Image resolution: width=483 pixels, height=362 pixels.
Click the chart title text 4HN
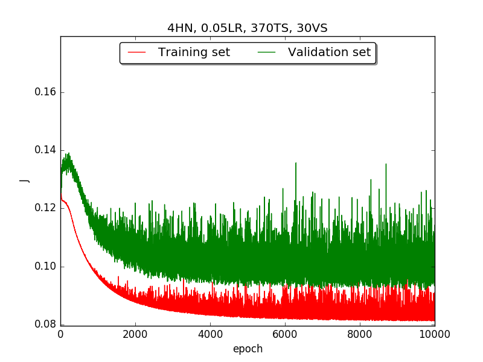[181, 28]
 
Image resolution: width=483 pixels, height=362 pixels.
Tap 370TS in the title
[270, 28]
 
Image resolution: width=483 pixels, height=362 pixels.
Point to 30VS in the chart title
[312, 28]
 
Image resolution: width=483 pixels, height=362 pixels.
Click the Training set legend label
[194, 52]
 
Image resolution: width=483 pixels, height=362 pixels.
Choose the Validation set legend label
[329, 52]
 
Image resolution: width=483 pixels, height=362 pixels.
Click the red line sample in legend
[137, 52]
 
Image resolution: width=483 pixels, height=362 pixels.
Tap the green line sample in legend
[266, 52]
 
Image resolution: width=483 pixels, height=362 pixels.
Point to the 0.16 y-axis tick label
[45, 92]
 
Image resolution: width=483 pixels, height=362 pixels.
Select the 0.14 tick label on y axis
[45, 150]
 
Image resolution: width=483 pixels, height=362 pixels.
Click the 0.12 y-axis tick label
[45, 208]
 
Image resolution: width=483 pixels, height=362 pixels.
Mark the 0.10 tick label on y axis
[45, 266]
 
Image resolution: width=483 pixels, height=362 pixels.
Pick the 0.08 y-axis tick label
[45, 324]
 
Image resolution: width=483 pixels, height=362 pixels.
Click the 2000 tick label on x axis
[135, 334]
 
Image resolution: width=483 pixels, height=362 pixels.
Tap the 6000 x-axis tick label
[285, 334]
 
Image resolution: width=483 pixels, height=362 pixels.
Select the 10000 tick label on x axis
[435, 334]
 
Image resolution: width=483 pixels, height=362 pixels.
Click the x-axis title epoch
[248, 349]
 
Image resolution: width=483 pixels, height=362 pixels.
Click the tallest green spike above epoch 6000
[296, 163]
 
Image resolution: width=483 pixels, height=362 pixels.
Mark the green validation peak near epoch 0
[68, 153]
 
